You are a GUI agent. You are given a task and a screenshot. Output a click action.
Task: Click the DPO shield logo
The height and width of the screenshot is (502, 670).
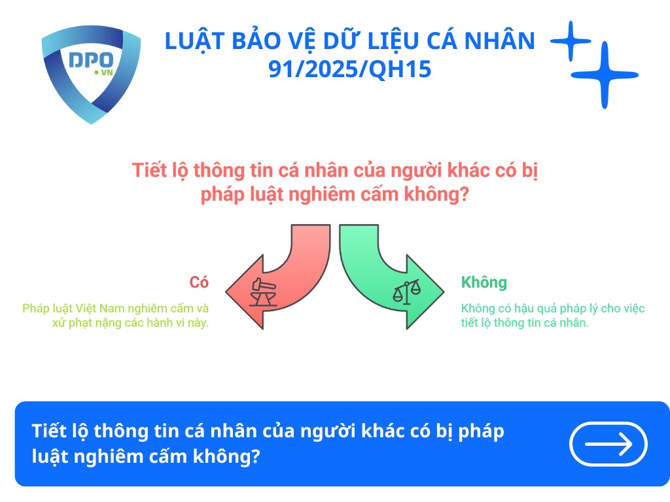[x=91, y=73]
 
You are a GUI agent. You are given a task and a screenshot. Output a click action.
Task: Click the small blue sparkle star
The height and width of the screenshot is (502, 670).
[x=570, y=41]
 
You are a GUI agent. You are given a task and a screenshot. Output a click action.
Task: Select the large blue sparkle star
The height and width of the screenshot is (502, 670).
[x=604, y=75]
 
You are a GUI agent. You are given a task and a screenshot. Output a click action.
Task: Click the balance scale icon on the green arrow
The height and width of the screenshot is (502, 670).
[x=406, y=291]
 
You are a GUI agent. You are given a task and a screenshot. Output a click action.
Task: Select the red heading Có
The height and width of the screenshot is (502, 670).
[x=199, y=282]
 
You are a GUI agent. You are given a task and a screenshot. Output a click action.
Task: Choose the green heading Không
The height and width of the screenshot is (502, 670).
[x=484, y=282]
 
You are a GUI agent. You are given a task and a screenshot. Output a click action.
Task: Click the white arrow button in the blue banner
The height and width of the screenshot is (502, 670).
[x=608, y=444]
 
